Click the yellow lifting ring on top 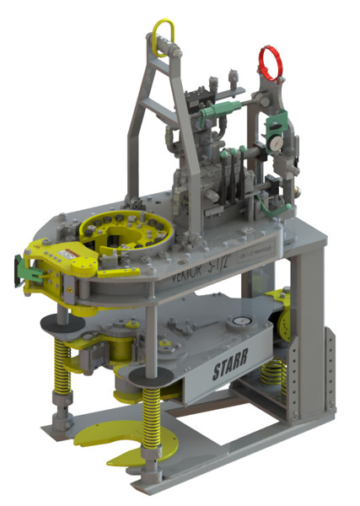[164, 35]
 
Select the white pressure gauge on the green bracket [276, 143]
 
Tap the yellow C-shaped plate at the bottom [119, 440]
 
